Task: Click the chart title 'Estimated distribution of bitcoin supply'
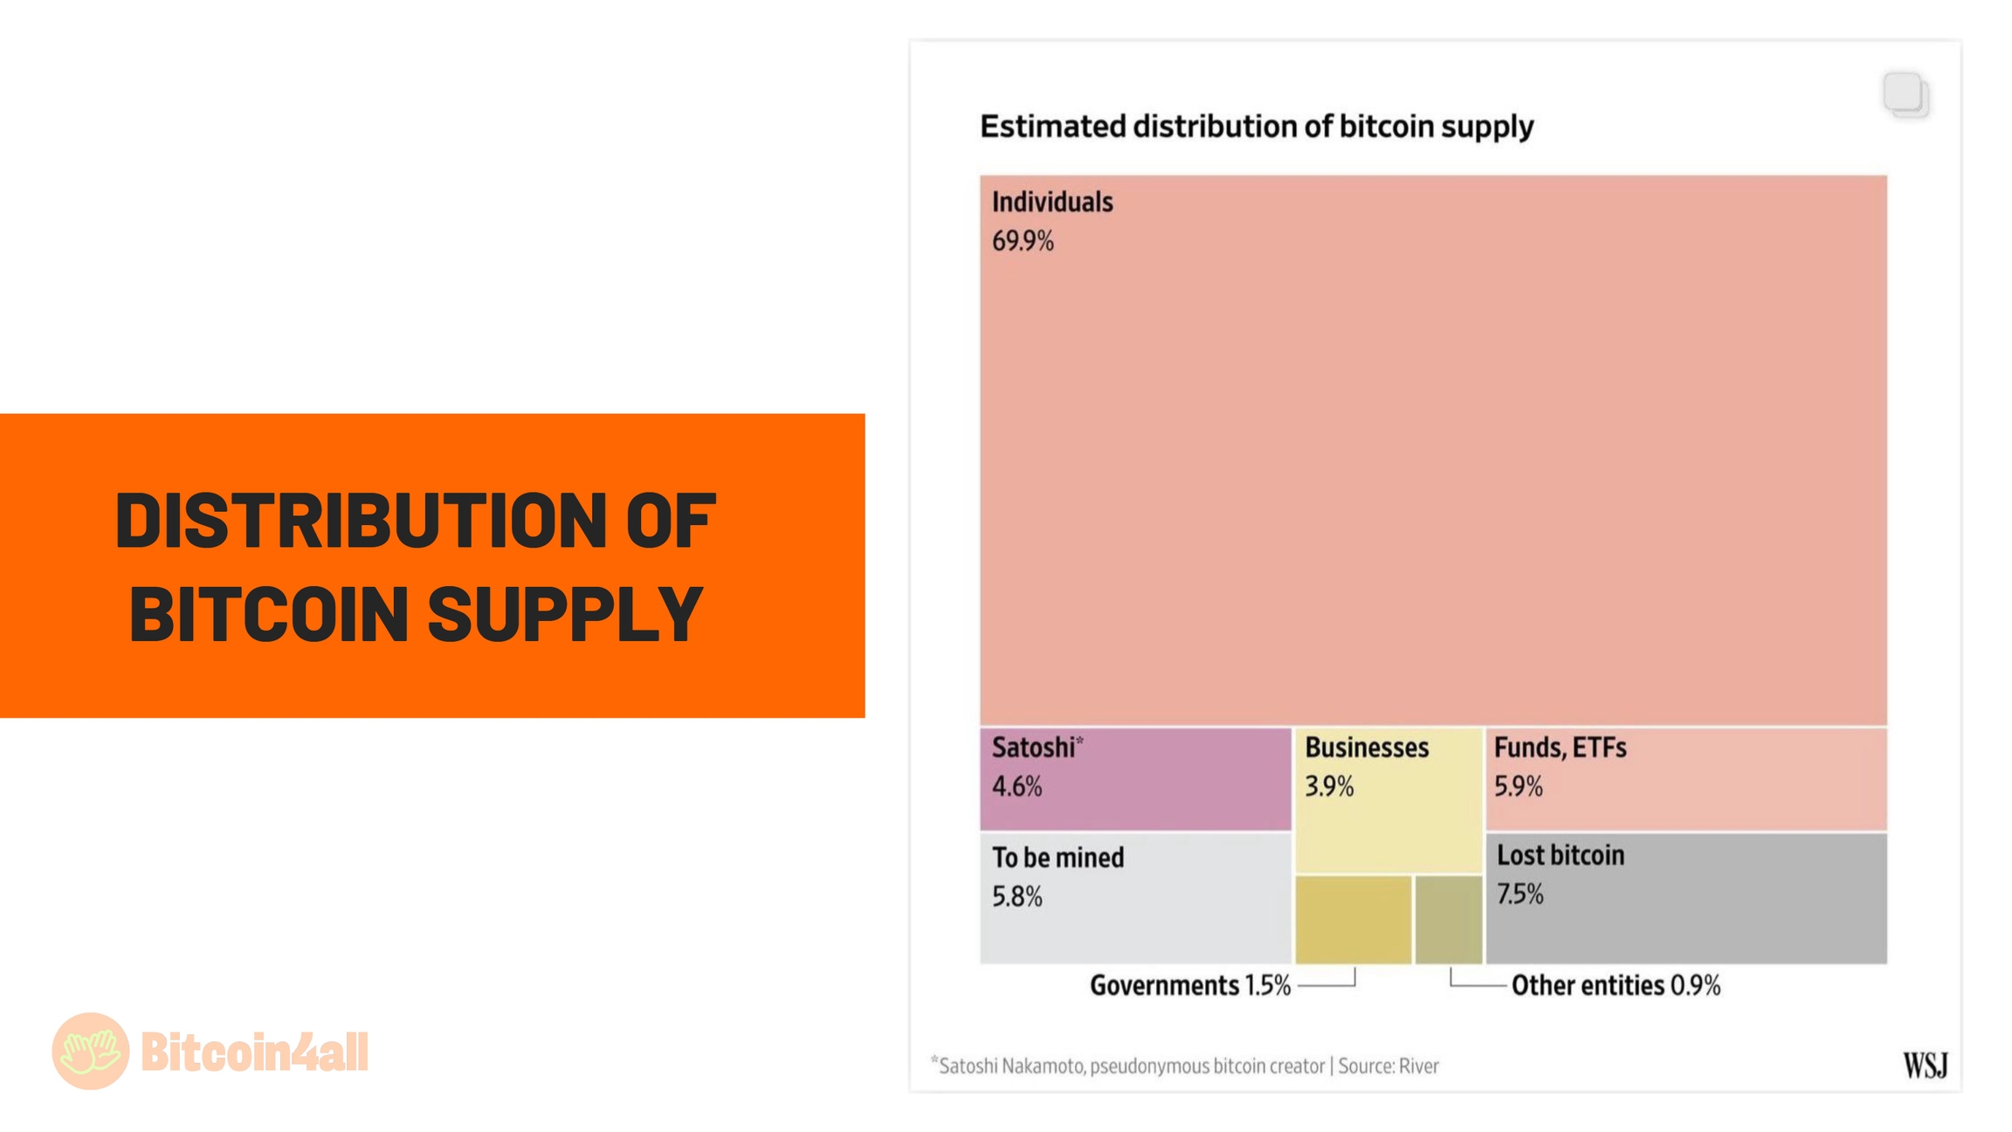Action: pos(1256,127)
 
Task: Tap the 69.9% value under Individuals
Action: pos(1023,241)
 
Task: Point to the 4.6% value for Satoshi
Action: pos(1016,787)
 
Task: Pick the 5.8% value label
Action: pos(1016,897)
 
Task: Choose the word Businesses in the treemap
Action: pos(1366,748)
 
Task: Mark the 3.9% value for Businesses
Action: pos(1328,787)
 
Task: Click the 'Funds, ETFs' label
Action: pos(1560,748)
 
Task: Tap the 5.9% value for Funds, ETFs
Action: pos(1518,787)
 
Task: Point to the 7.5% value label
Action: pos(1519,894)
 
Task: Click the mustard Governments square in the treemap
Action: pos(1353,920)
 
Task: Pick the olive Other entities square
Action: pos(1448,920)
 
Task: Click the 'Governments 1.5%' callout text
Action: pos(1189,986)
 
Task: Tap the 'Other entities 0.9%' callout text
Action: pos(1616,986)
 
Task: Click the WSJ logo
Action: pos(1925,1066)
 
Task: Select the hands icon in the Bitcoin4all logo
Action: pos(91,1051)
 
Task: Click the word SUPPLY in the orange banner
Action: pos(565,614)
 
